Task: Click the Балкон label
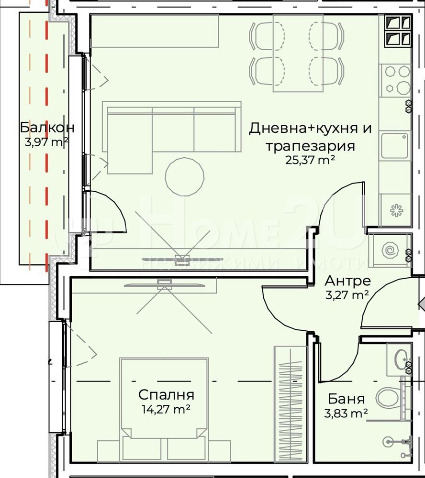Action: (47, 128)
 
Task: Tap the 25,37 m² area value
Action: (310, 160)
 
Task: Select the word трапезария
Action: (310, 146)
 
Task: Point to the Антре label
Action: (347, 281)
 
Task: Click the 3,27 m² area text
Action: (347, 295)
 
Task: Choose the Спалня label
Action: (166, 395)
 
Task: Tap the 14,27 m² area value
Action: (166, 409)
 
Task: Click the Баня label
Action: (346, 399)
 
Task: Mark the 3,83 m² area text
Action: (346, 413)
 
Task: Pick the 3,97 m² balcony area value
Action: (46, 142)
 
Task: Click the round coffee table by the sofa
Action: (184, 176)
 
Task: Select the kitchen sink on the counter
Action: (394, 146)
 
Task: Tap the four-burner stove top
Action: (395, 80)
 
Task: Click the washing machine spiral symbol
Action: (390, 250)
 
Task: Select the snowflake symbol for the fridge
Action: (396, 211)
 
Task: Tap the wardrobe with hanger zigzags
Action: (291, 403)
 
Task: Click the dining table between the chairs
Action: (298, 53)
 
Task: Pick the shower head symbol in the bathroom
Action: (388, 441)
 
